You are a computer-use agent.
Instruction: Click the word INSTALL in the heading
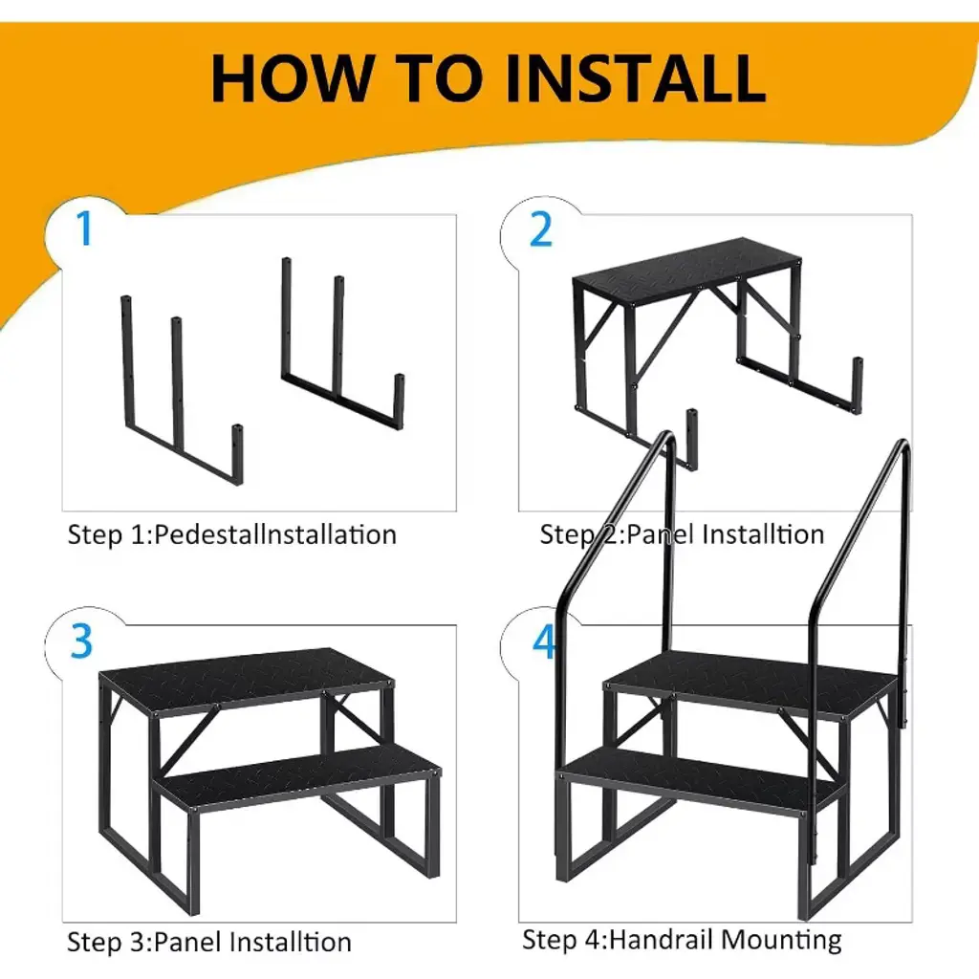tap(636, 77)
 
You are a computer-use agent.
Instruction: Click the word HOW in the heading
tap(291, 77)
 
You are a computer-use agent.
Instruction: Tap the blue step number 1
tap(84, 228)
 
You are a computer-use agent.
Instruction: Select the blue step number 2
tap(541, 229)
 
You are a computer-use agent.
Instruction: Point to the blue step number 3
tap(82, 641)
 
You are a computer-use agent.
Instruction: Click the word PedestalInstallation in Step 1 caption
tap(275, 535)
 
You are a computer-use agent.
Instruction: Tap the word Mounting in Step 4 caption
tap(782, 941)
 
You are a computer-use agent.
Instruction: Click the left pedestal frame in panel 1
tap(182, 391)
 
